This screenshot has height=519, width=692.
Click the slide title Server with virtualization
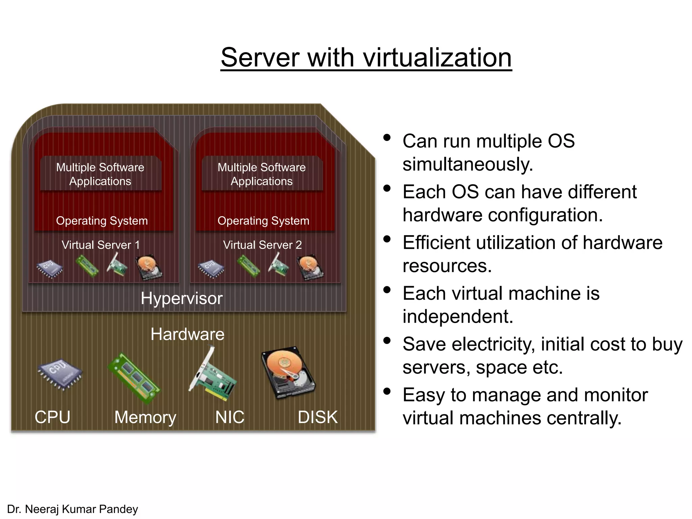[x=366, y=57]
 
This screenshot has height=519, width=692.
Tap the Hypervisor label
[x=181, y=298]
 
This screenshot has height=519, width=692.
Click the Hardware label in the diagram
[x=187, y=334]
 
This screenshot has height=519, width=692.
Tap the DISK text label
[x=318, y=417]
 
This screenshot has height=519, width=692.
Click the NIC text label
[x=230, y=417]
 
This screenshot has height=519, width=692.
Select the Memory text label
[x=145, y=417]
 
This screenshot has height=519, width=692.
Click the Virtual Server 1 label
[x=100, y=245]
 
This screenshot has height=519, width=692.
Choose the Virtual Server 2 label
[x=262, y=245]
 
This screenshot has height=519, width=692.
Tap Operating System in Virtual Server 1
[x=102, y=221]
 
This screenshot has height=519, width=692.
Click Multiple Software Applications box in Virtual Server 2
[x=262, y=174]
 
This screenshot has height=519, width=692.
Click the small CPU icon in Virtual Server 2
[x=211, y=269]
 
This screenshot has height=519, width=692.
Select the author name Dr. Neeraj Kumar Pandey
[x=72, y=509]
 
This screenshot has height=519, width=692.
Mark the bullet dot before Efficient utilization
[x=387, y=239]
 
